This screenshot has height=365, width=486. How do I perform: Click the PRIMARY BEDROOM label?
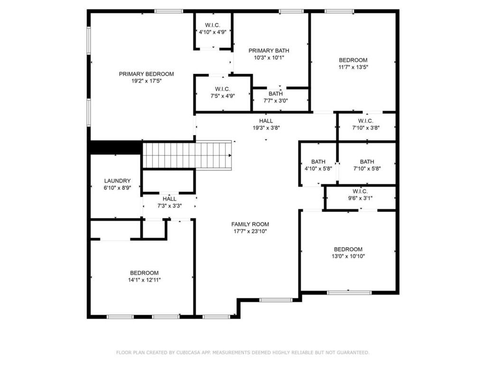146,74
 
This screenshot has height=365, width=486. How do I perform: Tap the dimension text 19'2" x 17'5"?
147,81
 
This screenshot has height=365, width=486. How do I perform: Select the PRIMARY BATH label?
269,50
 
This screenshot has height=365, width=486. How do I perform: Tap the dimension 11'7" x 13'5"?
353,67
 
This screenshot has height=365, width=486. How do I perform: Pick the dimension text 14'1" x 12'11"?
144,280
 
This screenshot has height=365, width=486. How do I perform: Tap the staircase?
187,155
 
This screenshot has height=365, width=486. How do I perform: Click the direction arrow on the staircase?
230,155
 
